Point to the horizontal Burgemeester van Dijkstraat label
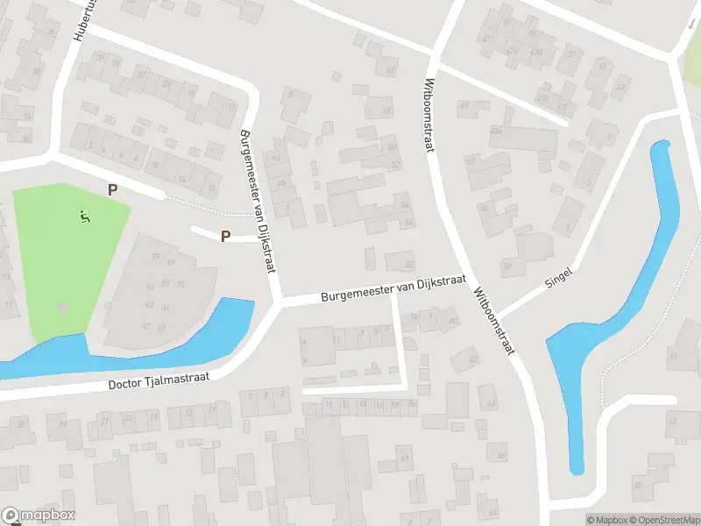[x=390, y=290]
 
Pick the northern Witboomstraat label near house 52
[x=429, y=115]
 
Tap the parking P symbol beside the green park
[x=111, y=189]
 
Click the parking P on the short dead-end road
[x=225, y=236]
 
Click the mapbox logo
[x=39, y=515]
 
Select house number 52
[x=396, y=164]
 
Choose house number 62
[x=278, y=158]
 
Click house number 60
[x=453, y=321]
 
